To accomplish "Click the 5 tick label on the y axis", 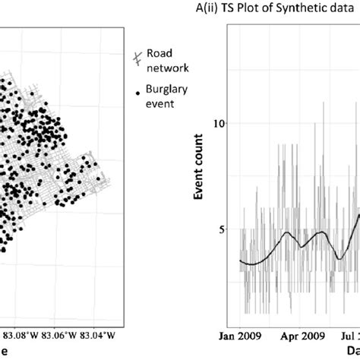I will [221, 229].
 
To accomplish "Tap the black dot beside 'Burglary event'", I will [137, 93].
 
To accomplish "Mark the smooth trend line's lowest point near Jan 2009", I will [253, 264].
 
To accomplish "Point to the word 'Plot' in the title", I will [267, 10].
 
